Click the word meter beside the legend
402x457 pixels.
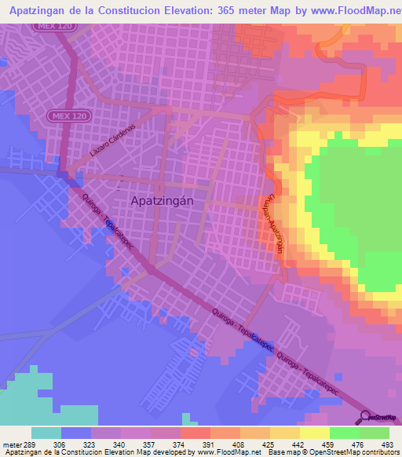coord(9,444)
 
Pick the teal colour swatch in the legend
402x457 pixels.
coord(46,433)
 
